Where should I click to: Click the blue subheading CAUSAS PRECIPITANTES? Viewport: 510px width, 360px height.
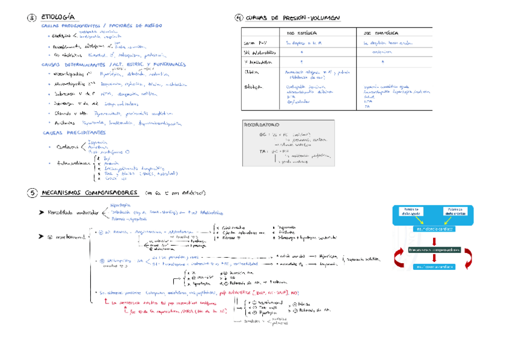pyautogui.click(x=73, y=132)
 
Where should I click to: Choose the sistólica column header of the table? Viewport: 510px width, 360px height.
pyautogui.click(x=302, y=34)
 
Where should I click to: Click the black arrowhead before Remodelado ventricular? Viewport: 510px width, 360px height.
pyautogui.click(x=41, y=213)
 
